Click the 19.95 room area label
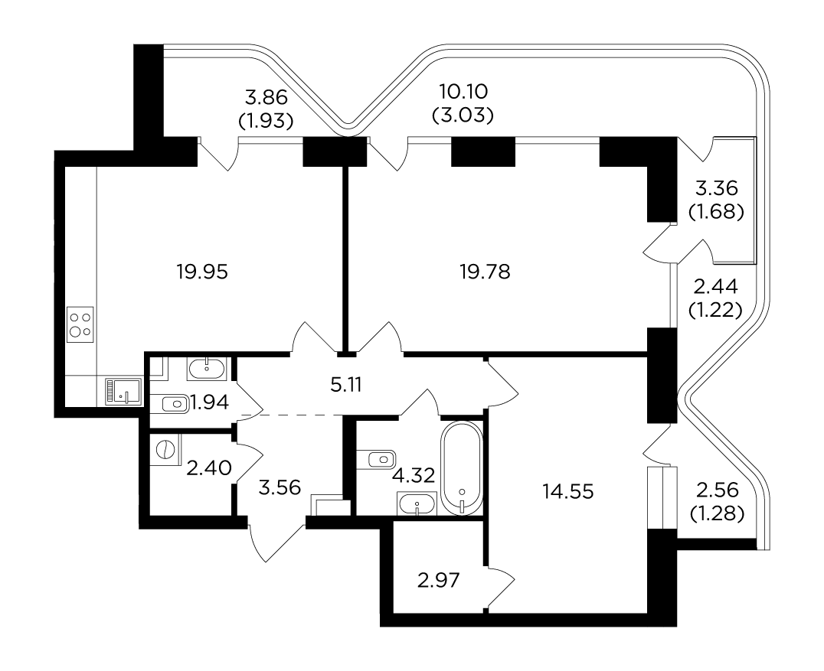click(x=202, y=272)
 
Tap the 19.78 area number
click(x=485, y=272)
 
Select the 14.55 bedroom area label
click(x=568, y=491)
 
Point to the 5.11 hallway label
click(x=346, y=386)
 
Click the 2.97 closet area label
click(x=438, y=581)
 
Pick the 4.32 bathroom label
click(x=414, y=476)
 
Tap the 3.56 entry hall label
click(x=280, y=488)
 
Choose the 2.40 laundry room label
click(x=209, y=467)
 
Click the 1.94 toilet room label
click(x=210, y=402)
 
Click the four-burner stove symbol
click(x=80, y=325)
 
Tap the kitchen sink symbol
click(x=123, y=392)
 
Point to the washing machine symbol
click(x=165, y=450)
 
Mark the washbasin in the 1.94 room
click(x=207, y=368)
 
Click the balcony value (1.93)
click(x=266, y=122)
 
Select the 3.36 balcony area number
click(x=716, y=187)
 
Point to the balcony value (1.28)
click(x=717, y=514)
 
